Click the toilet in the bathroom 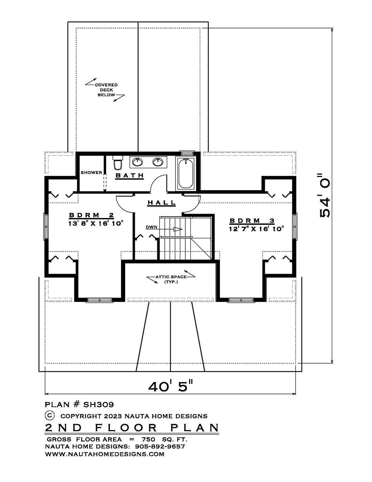coord(118,163)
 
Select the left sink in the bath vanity coord(137,162)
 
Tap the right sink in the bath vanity coord(158,162)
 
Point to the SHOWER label coord(91,173)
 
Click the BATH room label coord(130,176)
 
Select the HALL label coord(162,203)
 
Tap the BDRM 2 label coord(91,215)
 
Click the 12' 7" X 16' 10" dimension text coord(256,228)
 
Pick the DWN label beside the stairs coord(152,227)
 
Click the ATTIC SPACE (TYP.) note coord(171,279)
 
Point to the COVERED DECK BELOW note coord(106,90)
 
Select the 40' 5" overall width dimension coord(170,386)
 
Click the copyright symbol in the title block coord(49,415)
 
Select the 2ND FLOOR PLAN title coord(132,428)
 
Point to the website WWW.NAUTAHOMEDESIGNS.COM coord(104,454)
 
